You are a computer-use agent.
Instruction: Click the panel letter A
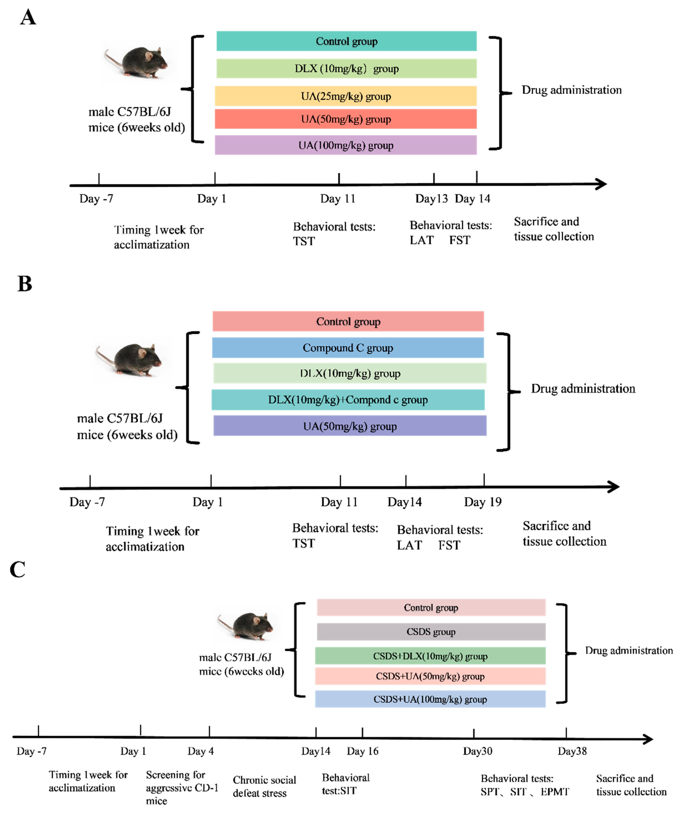pos(28,18)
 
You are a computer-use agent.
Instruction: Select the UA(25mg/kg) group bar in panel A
pos(346,96)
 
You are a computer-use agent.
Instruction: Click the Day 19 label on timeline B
pos(483,502)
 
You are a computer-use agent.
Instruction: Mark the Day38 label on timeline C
pos(572,751)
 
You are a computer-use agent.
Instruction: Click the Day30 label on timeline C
pos(477,751)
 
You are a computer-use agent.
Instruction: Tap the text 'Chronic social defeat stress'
pos(264,787)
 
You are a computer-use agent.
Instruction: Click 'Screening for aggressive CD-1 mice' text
pos(182,787)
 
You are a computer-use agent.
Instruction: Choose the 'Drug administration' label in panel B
pos(583,389)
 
